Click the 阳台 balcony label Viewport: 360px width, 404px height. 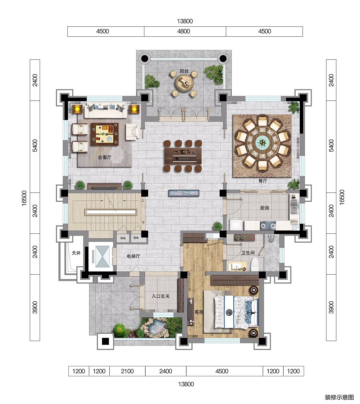184,71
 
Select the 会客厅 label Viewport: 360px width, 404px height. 105,157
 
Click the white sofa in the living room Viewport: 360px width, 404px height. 106,110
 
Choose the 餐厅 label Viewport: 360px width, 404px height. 263,181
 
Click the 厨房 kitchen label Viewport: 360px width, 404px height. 264,208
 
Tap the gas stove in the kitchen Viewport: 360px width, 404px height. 268,226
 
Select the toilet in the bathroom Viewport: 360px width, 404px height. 254,265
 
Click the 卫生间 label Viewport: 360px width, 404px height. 248,253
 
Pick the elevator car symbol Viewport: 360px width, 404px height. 102,256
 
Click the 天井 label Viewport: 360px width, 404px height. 76,253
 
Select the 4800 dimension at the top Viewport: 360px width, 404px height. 183,31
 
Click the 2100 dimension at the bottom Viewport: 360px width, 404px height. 127,371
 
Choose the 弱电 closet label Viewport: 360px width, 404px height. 123,238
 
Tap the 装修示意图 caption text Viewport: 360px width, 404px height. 339,397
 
